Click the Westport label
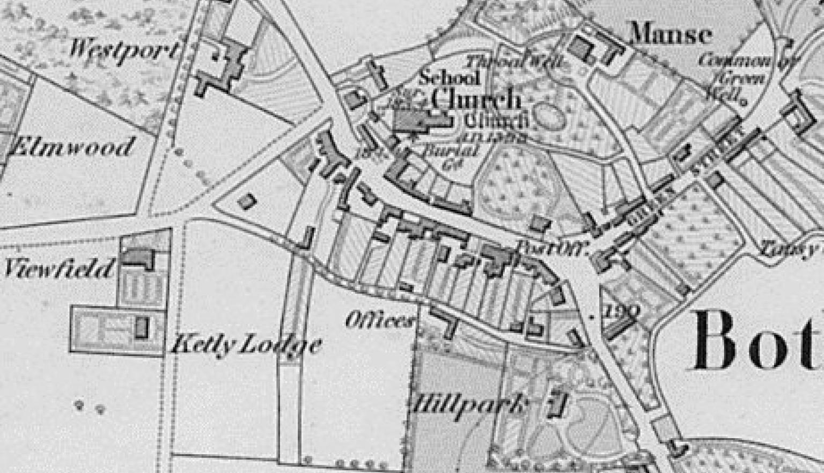(123, 49)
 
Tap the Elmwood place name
(71, 146)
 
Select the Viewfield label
(59, 268)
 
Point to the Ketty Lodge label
(246, 344)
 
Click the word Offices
(380, 321)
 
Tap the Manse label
(671, 34)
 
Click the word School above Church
(450, 77)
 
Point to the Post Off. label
(553, 247)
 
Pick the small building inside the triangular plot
(246, 201)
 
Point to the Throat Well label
(515, 62)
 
